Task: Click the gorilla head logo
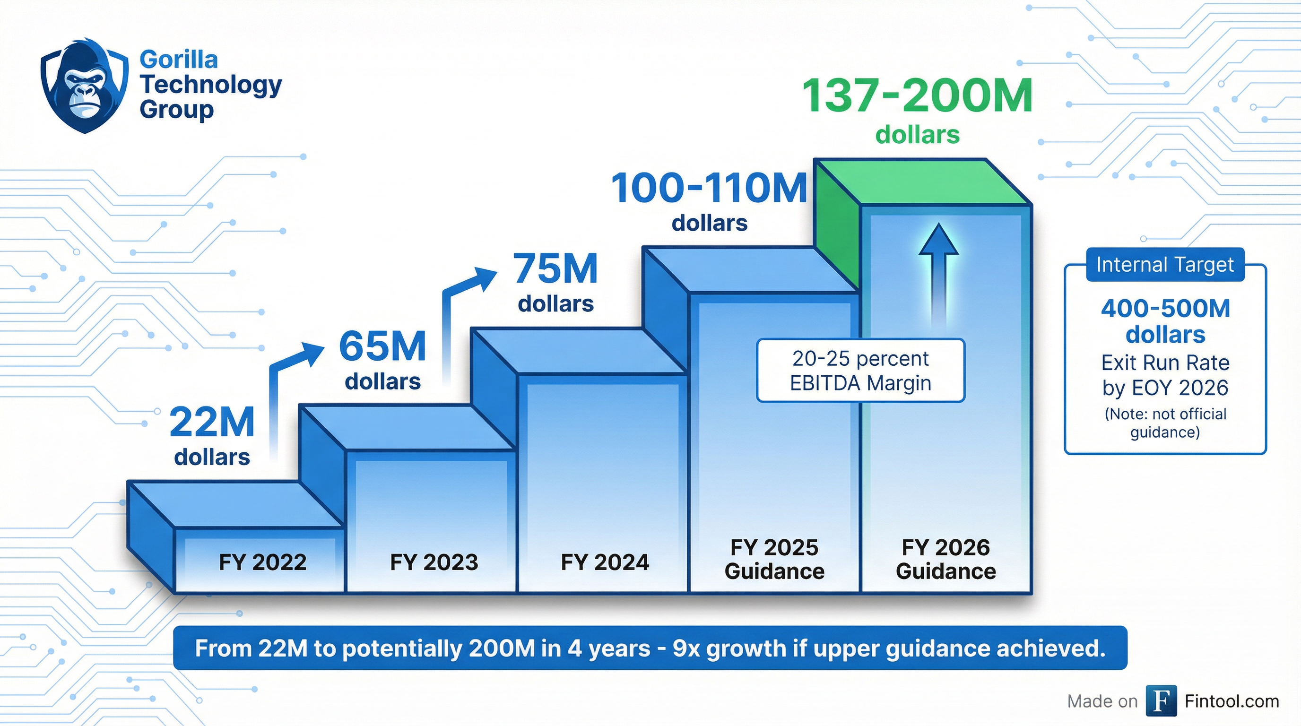pos(84,86)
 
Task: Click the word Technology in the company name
pos(210,84)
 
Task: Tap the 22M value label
pos(212,422)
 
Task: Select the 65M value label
pos(383,347)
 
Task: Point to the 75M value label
pos(556,268)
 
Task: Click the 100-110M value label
pos(709,188)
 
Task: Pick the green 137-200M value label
pos(917,96)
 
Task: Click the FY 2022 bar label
pos(263,562)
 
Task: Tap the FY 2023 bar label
pos(434,562)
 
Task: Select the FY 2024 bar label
pos(605,562)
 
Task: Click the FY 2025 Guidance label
pos(774,560)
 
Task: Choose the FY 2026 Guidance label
pos(945,560)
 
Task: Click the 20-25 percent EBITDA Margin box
pos(860,371)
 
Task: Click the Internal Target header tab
pos(1165,265)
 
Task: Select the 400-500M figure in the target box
pos(1165,309)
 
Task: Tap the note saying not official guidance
pos(1165,423)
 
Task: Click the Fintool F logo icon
pos(1161,701)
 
